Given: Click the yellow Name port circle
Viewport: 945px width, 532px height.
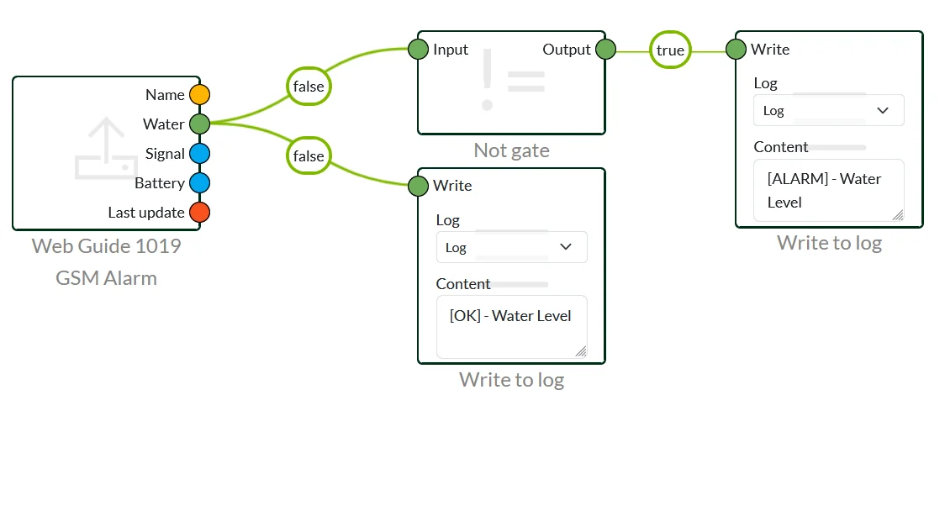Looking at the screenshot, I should (199, 94).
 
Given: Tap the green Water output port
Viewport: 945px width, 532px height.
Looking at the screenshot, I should (199, 124).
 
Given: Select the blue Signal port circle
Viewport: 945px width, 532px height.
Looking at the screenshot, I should (199, 154).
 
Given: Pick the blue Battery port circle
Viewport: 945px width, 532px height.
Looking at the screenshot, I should (199, 183).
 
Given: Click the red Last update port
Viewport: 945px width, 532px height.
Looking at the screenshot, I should (199, 213).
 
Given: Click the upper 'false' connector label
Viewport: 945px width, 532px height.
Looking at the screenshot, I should (309, 87).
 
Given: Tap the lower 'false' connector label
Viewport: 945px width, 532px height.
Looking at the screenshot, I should (309, 156).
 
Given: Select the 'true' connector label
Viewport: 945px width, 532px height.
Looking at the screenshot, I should (670, 50).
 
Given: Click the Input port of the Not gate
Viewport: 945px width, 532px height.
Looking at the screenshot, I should (418, 50).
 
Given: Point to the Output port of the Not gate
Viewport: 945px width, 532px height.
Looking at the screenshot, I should (605, 50).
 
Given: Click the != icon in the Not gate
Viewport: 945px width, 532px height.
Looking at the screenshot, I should (512, 81).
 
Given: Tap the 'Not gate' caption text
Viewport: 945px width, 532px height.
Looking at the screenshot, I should (511, 150).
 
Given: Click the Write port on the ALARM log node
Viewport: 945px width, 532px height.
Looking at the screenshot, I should (736, 50).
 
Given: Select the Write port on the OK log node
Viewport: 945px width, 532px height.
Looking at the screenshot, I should (418, 186).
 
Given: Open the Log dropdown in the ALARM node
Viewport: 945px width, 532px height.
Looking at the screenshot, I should (829, 111).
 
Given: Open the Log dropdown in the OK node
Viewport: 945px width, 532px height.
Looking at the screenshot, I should (511, 247).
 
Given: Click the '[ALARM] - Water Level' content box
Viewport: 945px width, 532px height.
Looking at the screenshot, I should (829, 191).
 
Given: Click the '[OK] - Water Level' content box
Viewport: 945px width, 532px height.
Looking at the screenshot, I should (511, 326).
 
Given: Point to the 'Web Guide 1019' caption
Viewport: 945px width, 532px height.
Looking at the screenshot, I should (107, 246).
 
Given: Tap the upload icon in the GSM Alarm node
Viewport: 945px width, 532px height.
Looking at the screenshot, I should (106, 149).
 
